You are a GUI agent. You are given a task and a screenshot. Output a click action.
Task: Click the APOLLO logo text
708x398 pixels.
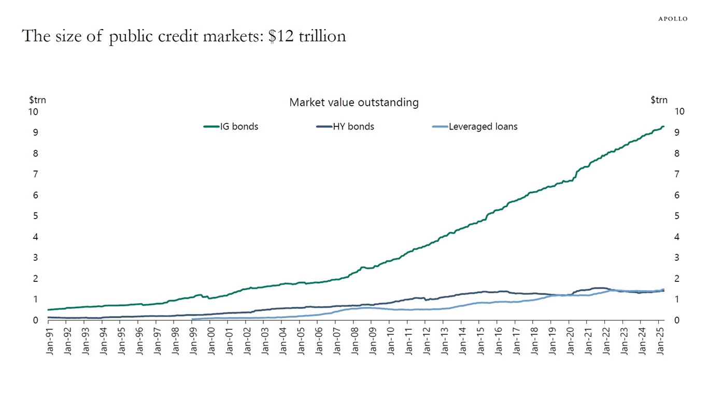[673, 19]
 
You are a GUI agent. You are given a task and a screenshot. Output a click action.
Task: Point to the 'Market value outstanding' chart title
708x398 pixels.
[353, 103]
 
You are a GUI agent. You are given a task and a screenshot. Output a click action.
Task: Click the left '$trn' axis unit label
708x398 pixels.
[37, 100]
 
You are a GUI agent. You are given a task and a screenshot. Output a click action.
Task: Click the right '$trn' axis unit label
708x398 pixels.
[659, 100]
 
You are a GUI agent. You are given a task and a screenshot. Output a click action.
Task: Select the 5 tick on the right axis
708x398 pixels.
[676, 216]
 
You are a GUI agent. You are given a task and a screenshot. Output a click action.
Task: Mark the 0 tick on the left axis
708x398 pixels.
[35, 320]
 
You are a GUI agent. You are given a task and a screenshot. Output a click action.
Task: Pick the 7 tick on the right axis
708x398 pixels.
[676, 174]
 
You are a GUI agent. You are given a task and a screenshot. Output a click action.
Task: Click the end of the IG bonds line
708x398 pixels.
[663, 126]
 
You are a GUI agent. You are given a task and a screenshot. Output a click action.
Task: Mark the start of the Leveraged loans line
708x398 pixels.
[192, 319]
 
